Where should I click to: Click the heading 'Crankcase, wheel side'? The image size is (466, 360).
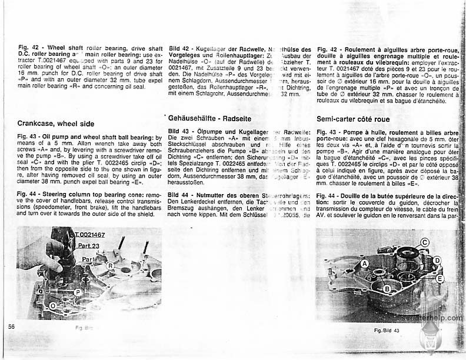tap(56, 124)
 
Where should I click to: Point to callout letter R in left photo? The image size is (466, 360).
tap(109, 265)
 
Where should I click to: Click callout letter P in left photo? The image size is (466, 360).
tap(78, 291)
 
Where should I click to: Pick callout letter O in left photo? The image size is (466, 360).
tap(52, 306)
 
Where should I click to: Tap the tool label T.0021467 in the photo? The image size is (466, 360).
tap(90, 235)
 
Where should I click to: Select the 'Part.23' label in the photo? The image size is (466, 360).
tap(88, 246)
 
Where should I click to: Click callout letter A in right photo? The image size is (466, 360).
tap(365, 264)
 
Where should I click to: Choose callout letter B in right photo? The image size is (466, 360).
tap(387, 288)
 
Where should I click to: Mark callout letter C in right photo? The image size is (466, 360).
tap(425, 242)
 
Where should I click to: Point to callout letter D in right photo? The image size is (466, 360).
tap(437, 259)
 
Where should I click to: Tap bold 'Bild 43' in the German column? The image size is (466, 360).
tap(179, 132)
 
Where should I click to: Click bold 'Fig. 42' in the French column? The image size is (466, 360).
tap(327, 49)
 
